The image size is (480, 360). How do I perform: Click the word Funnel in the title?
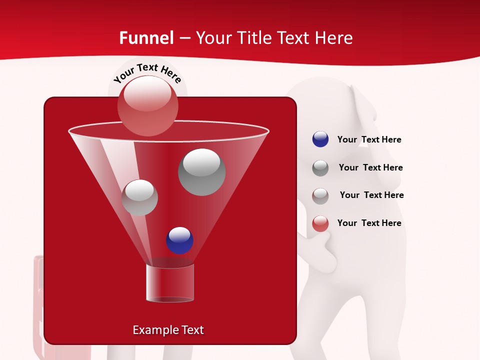[146, 38]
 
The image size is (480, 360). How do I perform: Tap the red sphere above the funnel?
[148, 105]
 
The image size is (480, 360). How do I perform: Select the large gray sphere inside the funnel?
[201, 172]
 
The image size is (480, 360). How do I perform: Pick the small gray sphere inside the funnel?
[140, 197]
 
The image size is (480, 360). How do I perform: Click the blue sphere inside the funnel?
[179, 240]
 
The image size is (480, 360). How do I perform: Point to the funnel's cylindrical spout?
[169, 283]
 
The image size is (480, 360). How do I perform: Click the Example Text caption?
[168, 330]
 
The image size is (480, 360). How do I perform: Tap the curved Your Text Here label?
[147, 74]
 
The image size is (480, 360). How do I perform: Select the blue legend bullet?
[320, 139]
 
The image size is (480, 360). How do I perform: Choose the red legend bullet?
[320, 223]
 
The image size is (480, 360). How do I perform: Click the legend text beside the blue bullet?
[369, 140]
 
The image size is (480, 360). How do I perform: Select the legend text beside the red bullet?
[369, 223]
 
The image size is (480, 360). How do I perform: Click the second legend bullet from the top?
[320, 168]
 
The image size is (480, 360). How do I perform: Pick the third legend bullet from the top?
[320, 195]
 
